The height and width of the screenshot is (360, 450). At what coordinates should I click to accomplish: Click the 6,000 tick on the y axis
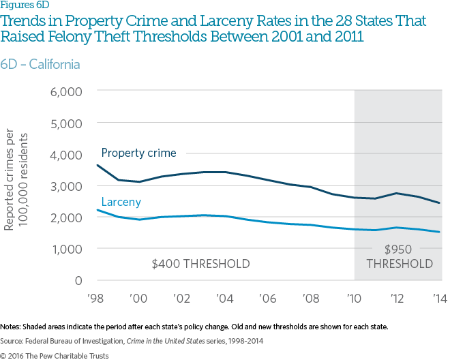coord(66,92)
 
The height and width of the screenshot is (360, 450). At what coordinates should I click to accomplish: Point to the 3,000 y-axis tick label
coord(66,186)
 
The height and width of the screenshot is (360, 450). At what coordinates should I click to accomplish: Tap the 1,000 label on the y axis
coord(67,249)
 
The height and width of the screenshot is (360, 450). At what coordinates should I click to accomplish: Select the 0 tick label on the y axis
coord(78,280)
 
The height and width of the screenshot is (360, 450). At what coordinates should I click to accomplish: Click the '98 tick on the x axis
coord(97,299)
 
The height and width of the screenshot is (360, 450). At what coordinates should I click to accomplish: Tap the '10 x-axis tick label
coord(355,299)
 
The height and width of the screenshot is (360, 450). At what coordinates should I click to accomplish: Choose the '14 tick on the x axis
coord(440,299)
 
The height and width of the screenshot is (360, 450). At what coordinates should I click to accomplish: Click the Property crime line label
coord(138,153)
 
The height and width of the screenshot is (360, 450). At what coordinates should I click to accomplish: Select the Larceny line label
coord(121,202)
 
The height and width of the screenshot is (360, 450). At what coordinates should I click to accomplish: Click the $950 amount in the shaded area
coord(399,250)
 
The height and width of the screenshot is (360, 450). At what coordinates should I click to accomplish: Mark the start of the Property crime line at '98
coord(97,165)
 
